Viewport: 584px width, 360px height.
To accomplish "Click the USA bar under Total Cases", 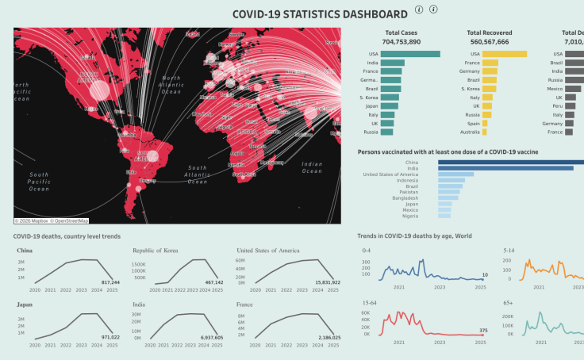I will point(410,54).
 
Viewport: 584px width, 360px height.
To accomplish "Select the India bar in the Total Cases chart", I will point(392,63).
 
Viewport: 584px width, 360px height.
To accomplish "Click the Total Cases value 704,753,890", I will point(401,41).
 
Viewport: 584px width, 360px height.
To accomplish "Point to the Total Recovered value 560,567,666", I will point(490,41).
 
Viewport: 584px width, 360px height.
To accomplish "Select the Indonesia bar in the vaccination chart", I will point(451,181).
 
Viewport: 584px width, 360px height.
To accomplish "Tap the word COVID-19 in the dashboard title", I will point(263,13).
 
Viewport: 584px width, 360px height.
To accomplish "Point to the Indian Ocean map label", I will point(313,167).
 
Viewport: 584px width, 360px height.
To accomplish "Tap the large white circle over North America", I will point(98,90).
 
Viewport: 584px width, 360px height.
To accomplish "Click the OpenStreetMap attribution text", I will point(71,221).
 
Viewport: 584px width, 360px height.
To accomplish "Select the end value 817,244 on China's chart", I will point(110,281).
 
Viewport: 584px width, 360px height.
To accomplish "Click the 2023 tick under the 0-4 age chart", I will point(439,287).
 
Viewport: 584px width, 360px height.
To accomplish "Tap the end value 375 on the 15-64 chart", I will point(483,331).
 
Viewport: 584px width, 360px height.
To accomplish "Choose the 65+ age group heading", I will point(509,303).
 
